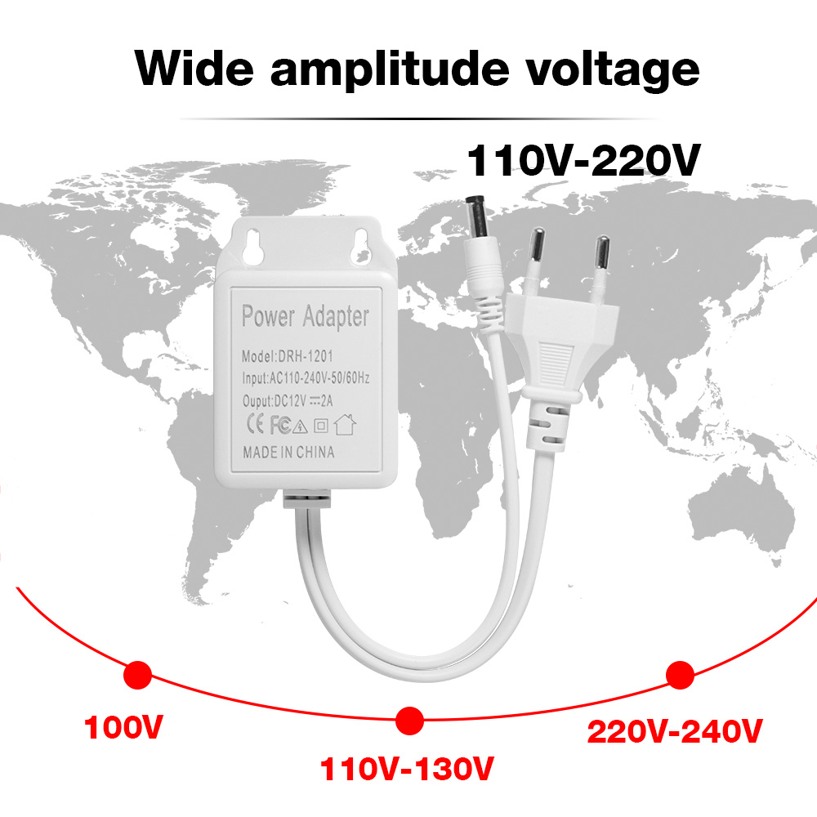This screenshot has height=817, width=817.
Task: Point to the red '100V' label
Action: pyautogui.click(x=120, y=726)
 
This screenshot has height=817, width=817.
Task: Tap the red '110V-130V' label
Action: pyautogui.click(x=408, y=769)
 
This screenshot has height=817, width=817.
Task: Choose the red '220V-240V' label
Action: pyautogui.click(x=675, y=730)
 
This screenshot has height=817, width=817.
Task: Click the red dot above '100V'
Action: pyautogui.click(x=138, y=676)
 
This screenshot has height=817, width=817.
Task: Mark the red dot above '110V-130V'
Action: pyautogui.click(x=409, y=720)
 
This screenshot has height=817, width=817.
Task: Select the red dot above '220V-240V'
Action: pyautogui.click(x=680, y=675)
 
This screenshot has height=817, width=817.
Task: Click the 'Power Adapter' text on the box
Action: pyautogui.click(x=305, y=316)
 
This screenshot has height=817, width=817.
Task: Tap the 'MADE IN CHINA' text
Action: pyautogui.click(x=288, y=452)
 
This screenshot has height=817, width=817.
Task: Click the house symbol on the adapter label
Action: pyautogui.click(x=347, y=425)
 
